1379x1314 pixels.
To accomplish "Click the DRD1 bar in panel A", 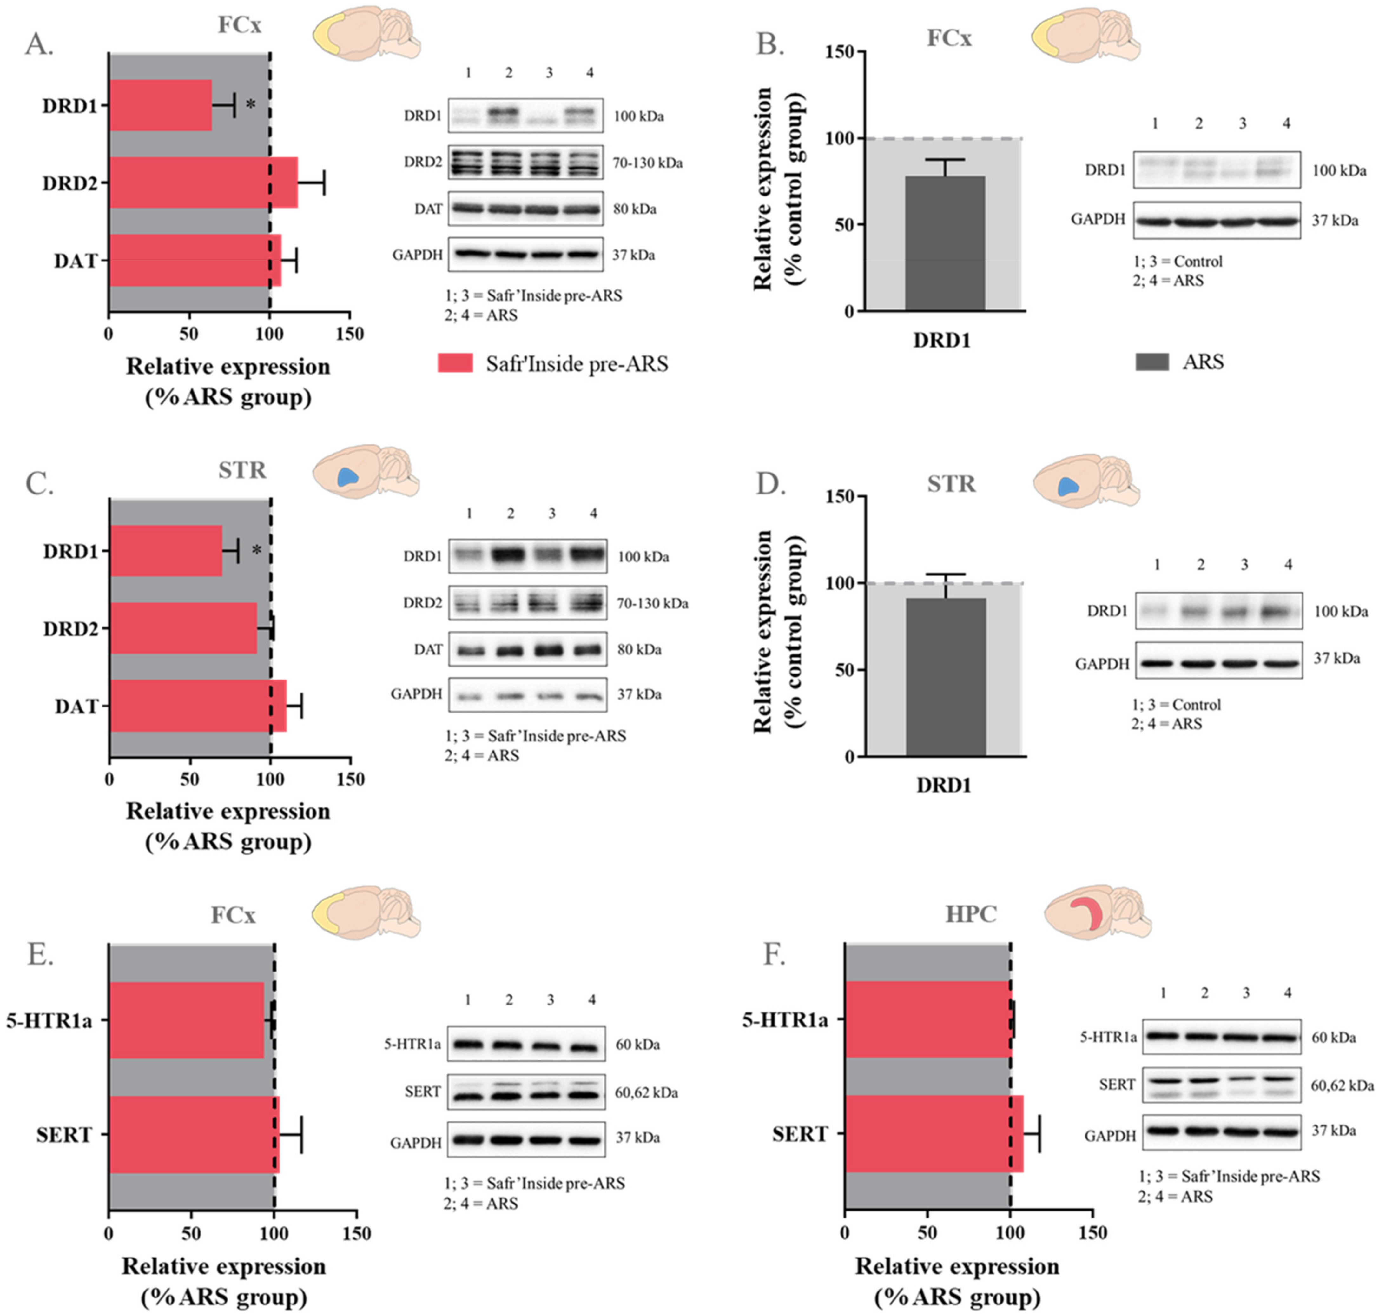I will pyautogui.click(x=160, y=105).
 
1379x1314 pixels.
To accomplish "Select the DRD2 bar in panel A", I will pyautogui.click(x=203, y=182).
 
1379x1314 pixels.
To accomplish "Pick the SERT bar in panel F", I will pyautogui.click(x=934, y=1133).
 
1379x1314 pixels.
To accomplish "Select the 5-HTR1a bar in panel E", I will pyautogui.click(x=186, y=1020).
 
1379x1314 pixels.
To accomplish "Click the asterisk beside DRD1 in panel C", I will pyautogui.click(x=256, y=551).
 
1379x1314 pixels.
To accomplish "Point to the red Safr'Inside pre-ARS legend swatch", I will pyautogui.click(x=455, y=363).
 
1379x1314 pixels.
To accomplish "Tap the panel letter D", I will pyautogui.click(x=770, y=483).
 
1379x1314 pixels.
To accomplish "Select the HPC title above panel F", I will pyautogui.click(x=971, y=914).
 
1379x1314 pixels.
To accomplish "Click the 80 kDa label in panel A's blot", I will pyautogui.click(x=635, y=209).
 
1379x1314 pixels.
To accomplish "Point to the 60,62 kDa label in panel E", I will pyautogui.click(x=646, y=1093).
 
